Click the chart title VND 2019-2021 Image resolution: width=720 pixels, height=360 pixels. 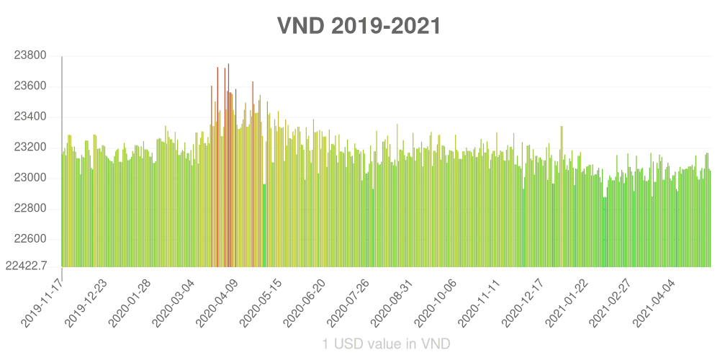tap(359, 26)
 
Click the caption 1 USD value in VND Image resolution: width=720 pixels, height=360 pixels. tap(387, 344)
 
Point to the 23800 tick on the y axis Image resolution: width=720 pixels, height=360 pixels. tap(30, 56)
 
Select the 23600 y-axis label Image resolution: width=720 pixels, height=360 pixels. tap(30, 86)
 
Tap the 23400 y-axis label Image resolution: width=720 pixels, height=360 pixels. tap(30, 117)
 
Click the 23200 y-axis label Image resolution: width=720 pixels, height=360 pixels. tap(30, 148)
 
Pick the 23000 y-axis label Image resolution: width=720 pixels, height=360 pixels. tap(30, 178)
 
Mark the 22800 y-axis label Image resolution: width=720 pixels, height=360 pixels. tap(30, 209)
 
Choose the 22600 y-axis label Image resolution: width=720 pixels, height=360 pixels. tap(30, 239)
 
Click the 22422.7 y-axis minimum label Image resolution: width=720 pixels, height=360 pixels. tap(27, 266)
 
